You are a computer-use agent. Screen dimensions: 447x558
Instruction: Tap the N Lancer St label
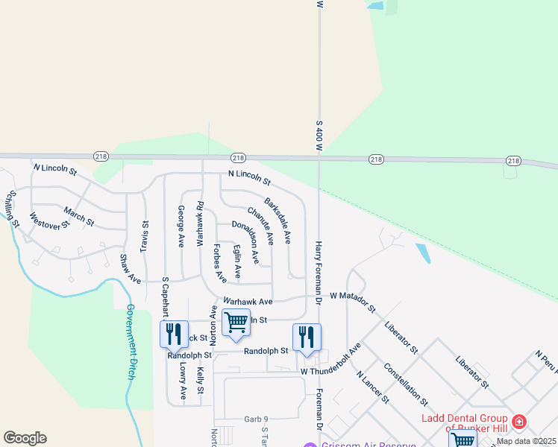click(x=372, y=387)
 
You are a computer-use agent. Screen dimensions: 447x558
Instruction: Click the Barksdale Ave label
click(x=278, y=221)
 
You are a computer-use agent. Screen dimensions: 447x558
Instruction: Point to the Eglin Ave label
click(x=236, y=261)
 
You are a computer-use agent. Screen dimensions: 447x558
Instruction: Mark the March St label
click(x=78, y=216)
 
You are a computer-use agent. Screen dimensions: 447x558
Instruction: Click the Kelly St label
click(x=200, y=380)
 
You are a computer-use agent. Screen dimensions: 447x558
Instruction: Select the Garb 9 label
click(x=256, y=419)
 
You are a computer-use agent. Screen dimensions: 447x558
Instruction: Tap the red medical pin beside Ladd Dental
click(x=519, y=422)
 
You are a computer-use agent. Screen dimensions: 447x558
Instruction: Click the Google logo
click(x=25, y=438)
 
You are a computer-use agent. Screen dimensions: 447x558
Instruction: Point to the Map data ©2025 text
click(x=526, y=441)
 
